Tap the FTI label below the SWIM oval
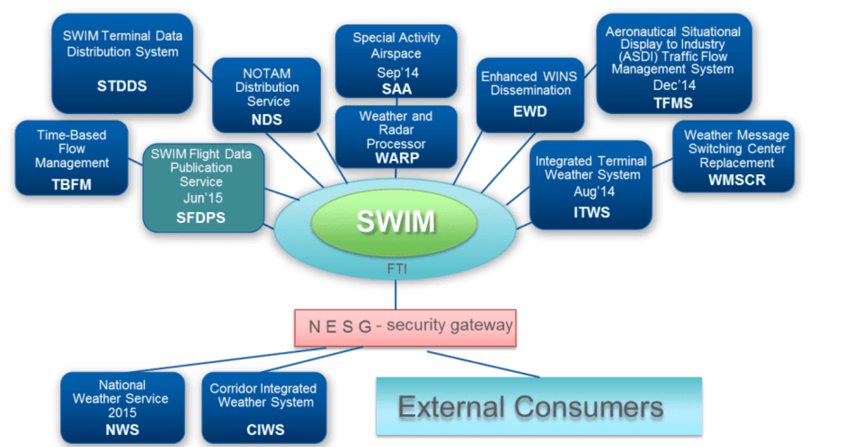point(397,269)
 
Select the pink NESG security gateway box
point(405,328)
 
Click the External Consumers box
point(539,407)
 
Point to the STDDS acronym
point(122,86)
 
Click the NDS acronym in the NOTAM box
point(266,120)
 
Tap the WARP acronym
point(397,158)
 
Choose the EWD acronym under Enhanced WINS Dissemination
point(530,112)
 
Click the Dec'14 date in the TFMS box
point(674,85)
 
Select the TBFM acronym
point(72,184)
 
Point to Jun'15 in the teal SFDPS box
point(203,198)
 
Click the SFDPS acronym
point(201,217)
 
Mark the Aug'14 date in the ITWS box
point(594,191)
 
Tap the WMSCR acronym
point(737,180)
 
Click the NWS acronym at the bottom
point(122,430)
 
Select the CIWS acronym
point(265,430)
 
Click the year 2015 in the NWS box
point(122,413)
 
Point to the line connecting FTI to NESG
point(396,295)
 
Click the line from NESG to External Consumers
point(483,364)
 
